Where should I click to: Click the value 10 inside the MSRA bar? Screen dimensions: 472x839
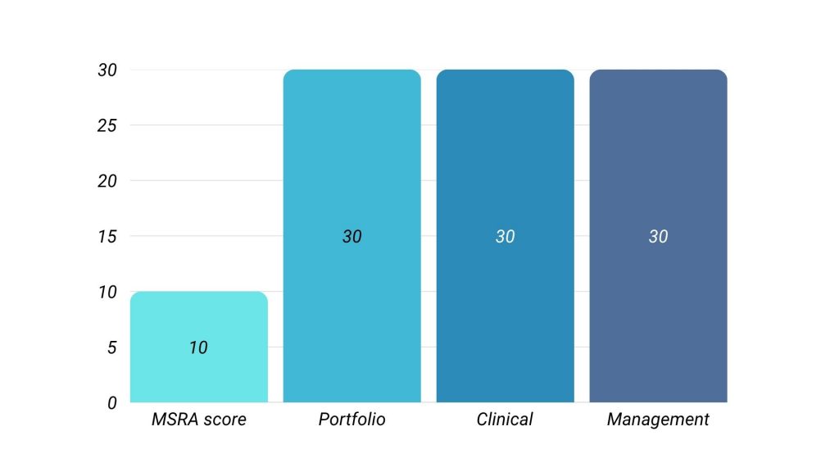click(x=198, y=347)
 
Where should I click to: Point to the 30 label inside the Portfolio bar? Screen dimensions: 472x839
click(x=351, y=236)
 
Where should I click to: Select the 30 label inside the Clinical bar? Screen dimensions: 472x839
click(x=505, y=236)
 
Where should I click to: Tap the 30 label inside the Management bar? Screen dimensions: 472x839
click(x=658, y=236)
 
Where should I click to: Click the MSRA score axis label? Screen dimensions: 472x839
click(x=199, y=420)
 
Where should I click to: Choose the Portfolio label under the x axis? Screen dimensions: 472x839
click(x=351, y=420)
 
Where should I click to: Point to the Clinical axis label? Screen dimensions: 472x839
click(x=505, y=420)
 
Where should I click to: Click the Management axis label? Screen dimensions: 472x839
click(x=658, y=420)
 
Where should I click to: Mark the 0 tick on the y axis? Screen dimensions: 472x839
click(x=112, y=402)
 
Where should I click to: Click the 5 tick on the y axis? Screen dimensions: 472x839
click(x=112, y=347)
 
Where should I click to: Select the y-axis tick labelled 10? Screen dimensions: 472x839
click(x=107, y=292)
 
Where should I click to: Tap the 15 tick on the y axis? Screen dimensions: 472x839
click(x=107, y=236)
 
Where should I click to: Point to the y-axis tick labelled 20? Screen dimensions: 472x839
click(x=107, y=180)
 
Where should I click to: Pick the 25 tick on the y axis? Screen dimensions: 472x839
click(x=107, y=125)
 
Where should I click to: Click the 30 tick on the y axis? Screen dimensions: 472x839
click(x=107, y=70)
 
